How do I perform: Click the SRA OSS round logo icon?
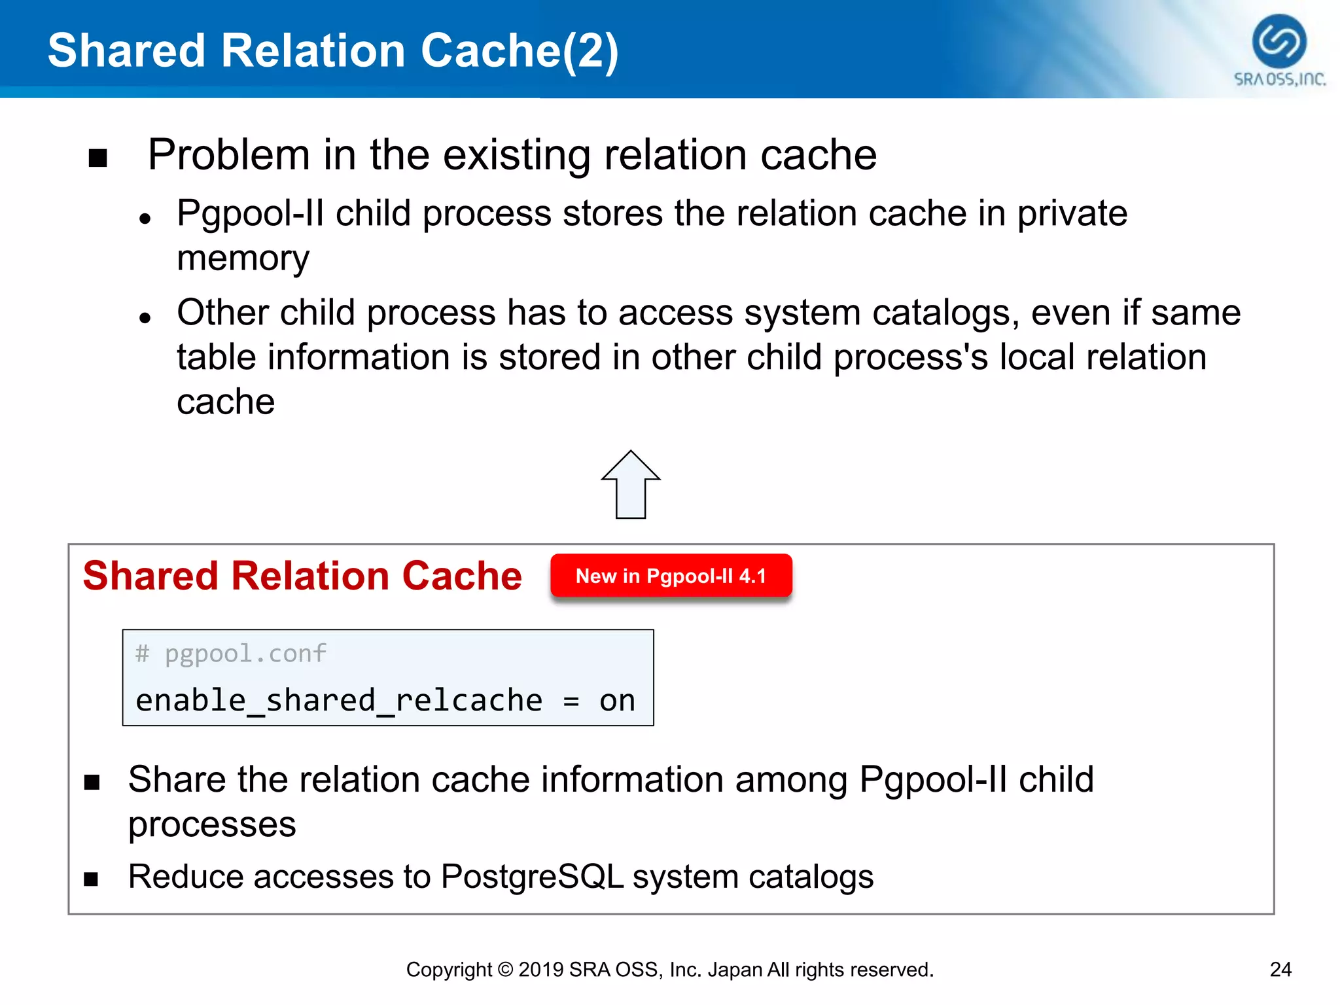(1278, 41)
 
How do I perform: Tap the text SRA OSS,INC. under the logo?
(1279, 79)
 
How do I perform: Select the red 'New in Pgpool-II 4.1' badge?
(671, 576)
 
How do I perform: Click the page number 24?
(1280, 969)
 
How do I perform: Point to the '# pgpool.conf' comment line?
(230, 654)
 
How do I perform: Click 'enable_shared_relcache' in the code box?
(339, 701)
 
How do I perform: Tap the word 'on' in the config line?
(617, 701)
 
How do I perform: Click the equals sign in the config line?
(571, 701)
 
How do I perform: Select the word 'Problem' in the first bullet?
(228, 155)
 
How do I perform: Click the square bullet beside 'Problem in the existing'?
(97, 158)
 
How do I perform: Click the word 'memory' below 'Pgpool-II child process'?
(243, 258)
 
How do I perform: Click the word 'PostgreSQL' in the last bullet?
(532, 877)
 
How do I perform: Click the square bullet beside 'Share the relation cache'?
(92, 782)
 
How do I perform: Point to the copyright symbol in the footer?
(504, 969)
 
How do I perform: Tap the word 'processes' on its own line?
(212, 824)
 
